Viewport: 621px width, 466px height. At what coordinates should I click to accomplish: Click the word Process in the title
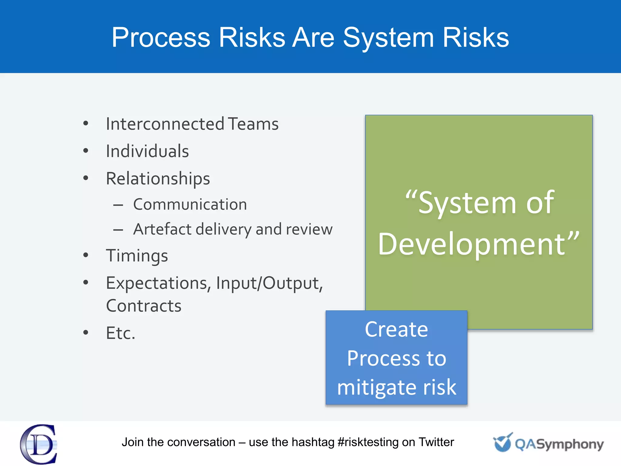pos(161,38)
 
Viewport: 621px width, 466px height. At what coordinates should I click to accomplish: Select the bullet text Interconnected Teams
pos(192,124)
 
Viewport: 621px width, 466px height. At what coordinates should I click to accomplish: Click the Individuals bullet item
pos(147,151)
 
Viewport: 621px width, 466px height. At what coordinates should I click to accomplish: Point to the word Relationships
pos(158,179)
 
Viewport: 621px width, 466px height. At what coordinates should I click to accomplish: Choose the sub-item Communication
pos(190,204)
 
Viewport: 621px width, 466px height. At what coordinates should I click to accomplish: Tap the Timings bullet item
pos(137,256)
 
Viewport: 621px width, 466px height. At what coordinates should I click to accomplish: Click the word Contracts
pos(144,306)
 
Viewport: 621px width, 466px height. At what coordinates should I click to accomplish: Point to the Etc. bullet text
pos(120,333)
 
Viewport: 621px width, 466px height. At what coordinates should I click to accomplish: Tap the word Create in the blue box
pos(396,329)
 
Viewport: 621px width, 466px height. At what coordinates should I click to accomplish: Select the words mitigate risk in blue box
pos(396,387)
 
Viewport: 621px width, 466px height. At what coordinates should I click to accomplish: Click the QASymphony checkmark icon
pos(503,443)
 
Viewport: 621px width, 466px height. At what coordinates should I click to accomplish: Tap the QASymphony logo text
pos(559,444)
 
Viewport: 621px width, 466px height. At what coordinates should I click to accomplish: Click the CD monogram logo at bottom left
pos(39,444)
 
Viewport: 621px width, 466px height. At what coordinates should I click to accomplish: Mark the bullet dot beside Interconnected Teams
pos(86,123)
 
